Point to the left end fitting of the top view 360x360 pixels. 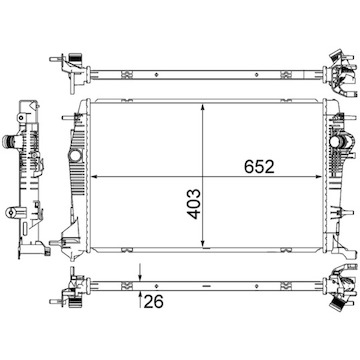coord(73,61)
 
